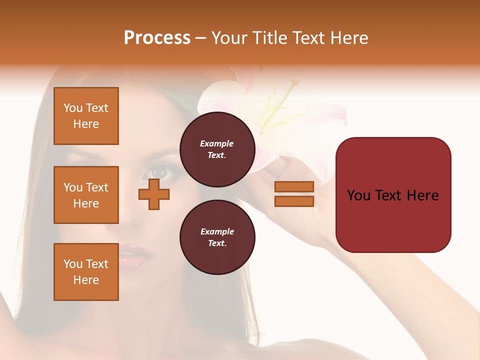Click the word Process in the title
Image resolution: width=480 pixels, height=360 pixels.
click(157, 37)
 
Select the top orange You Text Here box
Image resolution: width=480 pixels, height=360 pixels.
click(86, 116)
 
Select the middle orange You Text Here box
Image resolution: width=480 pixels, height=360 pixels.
click(86, 195)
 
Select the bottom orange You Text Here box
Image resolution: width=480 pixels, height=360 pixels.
click(86, 272)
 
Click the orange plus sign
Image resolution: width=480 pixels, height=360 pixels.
click(154, 194)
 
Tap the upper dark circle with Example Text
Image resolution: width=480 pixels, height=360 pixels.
click(217, 149)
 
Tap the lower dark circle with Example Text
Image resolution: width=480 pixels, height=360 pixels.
click(217, 237)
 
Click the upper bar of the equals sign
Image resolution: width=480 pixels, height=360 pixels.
click(294, 186)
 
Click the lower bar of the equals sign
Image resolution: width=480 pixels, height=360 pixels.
click(294, 201)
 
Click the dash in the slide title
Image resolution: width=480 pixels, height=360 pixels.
click(200, 38)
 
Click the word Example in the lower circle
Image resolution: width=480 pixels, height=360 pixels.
click(217, 231)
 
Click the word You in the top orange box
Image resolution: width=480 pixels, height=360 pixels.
click(73, 108)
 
